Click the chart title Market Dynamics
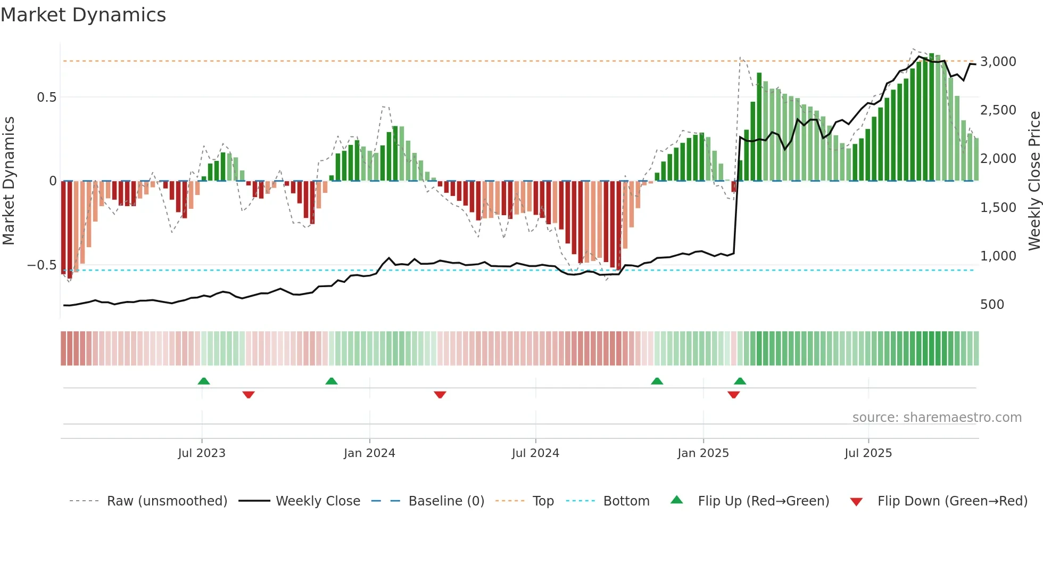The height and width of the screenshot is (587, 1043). coord(84,15)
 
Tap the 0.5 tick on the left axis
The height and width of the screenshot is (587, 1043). coord(46,97)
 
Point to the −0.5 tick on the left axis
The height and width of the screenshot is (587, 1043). coord(42,265)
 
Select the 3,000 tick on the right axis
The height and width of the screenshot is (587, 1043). coord(998,62)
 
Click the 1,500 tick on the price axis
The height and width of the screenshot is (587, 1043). coord(998,208)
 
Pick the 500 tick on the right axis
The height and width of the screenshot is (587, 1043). coord(992,305)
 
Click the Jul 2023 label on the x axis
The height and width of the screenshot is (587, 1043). coord(202,453)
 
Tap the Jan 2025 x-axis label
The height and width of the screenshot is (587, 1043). coord(703,453)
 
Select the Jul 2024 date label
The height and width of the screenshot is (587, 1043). coord(535,453)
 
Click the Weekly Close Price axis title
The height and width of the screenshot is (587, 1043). coord(1034,181)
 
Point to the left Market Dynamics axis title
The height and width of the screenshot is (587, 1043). coord(9,181)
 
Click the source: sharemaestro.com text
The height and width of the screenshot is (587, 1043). coord(937,418)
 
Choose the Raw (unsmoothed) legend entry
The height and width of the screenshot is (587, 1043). coord(167,501)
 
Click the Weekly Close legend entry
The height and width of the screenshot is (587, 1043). coord(318,501)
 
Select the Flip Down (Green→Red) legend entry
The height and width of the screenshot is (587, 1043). coord(952,501)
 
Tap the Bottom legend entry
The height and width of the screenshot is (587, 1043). coord(626,501)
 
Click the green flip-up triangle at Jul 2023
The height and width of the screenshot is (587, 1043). coord(204,381)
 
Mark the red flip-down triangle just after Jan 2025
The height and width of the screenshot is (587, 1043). coord(733,395)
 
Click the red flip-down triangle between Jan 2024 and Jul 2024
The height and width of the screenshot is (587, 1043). coord(440,395)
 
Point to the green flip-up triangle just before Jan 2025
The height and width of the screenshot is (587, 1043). coord(657,381)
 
